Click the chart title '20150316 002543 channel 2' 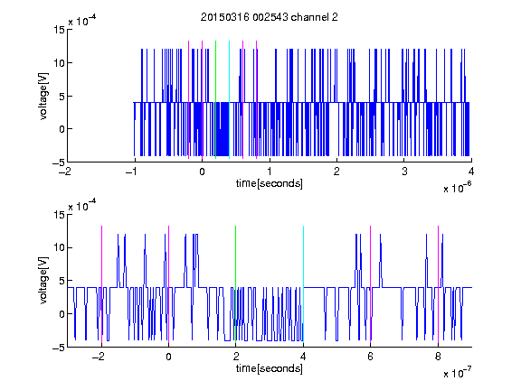[x=270, y=17]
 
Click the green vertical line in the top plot [x=215, y=99]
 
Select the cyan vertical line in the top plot [x=229, y=99]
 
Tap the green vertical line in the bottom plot [x=235, y=284]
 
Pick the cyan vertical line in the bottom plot [x=303, y=284]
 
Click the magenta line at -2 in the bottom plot [x=101, y=284]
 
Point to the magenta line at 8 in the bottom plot [x=438, y=284]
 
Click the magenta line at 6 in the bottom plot [x=371, y=284]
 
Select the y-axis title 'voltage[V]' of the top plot [x=43, y=97]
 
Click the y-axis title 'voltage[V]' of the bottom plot [x=43, y=281]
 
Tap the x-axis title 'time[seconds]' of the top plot [x=270, y=183]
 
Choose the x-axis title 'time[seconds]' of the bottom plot [x=270, y=368]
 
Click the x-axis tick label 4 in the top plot [x=471, y=172]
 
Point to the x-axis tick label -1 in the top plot [x=132, y=172]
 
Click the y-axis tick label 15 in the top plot [x=59, y=30]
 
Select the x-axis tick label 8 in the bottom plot [x=438, y=357]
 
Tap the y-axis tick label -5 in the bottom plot [x=59, y=348]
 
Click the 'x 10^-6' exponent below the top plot [x=457, y=188]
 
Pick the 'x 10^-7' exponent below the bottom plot [x=457, y=373]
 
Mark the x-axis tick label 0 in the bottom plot [x=169, y=357]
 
